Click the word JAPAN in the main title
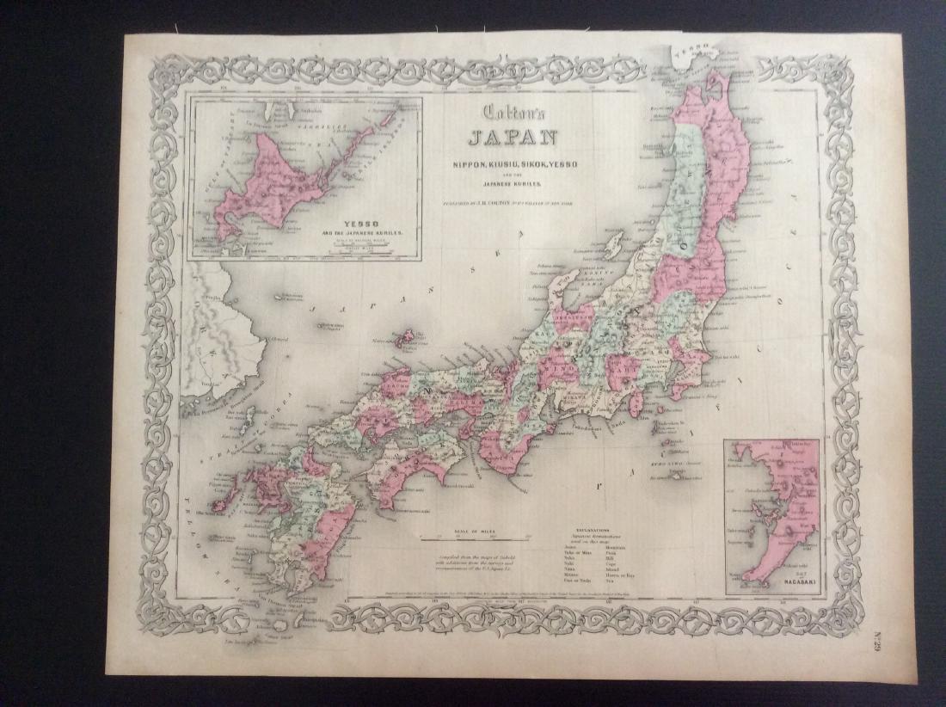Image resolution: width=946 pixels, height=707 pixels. coord(512,137)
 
